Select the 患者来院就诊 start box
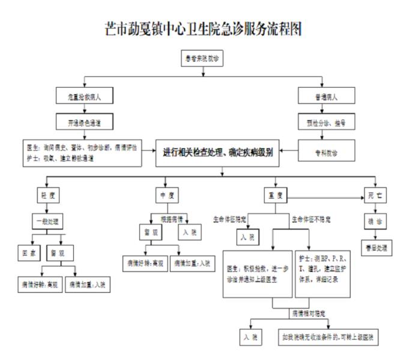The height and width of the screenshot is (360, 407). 204,58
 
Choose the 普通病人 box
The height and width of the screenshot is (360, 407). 325,96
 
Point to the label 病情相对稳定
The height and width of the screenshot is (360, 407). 310,313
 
